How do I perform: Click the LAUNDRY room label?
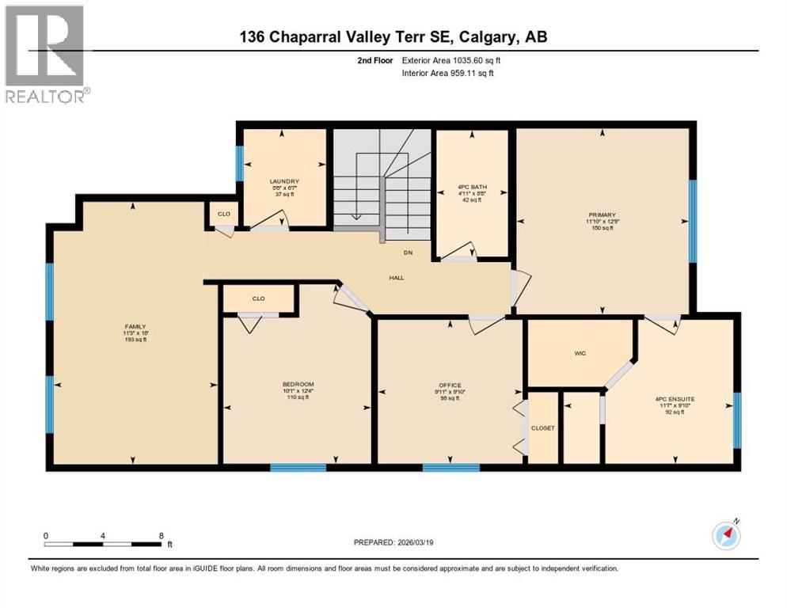coord(283,181)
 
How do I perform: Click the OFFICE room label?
coord(450,386)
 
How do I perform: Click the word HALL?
coord(397,278)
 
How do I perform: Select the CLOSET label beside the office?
coord(542,428)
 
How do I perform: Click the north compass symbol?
coord(726,535)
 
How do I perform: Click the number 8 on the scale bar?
coord(161,535)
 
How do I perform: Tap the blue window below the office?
coord(451,468)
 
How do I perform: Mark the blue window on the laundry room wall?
coord(239,164)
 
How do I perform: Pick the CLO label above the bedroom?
coord(258,298)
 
